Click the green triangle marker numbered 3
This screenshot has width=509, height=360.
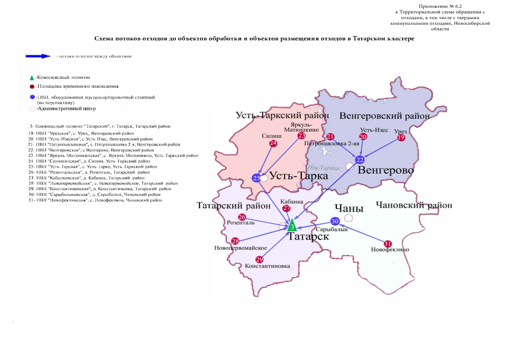click(291, 227)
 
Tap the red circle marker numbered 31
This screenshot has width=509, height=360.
click(387, 244)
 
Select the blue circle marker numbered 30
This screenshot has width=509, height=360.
click(335, 221)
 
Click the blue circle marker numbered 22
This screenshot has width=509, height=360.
click(360, 160)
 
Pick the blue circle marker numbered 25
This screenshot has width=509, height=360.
click(256, 178)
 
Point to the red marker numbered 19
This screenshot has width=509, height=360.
click(401, 137)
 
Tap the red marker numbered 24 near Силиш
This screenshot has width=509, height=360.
click(273, 143)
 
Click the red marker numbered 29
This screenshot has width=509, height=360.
click(259, 259)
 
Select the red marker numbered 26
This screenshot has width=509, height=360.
click(242, 217)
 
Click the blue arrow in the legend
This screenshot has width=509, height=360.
click(39, 56)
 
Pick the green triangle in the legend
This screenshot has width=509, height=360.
click(32, 77)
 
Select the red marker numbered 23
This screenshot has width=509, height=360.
click(301, 136)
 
